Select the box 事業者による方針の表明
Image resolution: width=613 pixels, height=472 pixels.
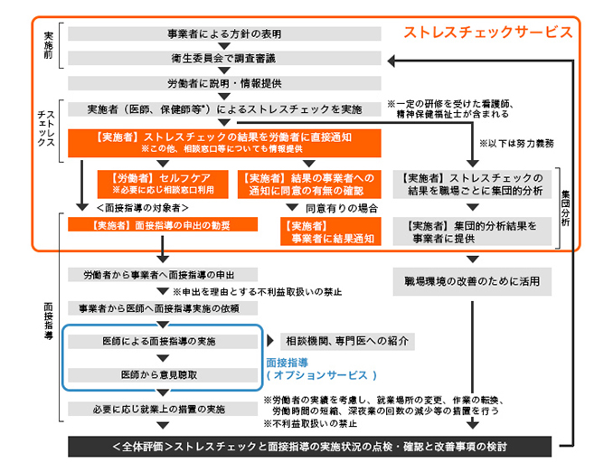(224, 34)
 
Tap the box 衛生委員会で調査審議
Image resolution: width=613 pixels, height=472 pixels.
(224, 59)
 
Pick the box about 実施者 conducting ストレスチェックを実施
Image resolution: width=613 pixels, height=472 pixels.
(224, 109)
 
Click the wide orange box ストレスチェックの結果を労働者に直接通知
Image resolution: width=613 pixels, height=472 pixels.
(224, 142)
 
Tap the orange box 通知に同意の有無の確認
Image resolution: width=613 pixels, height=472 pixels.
(306, 184)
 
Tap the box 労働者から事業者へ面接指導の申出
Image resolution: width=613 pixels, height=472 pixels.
(163, 274)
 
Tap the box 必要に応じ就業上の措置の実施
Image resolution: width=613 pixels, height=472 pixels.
(163, 409)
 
